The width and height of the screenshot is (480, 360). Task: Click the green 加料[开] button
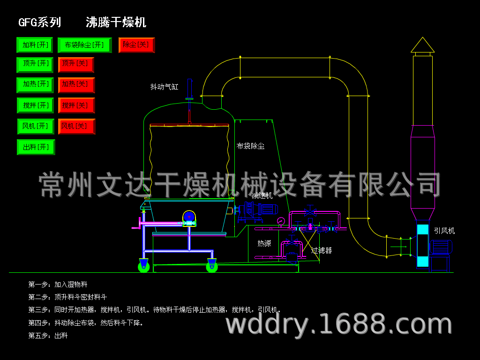click(35, 45)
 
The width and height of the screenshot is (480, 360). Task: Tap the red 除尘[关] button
click(136, 45)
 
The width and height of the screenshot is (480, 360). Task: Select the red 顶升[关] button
click(76, 65)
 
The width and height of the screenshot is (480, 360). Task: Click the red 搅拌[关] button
click(76, 105)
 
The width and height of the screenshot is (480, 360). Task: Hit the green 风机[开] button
click(36, 127)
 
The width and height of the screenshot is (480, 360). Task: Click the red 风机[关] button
click(76, 127)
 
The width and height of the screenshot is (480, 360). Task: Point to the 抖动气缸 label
click(164, 87)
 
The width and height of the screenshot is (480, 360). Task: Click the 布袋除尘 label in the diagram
click(250, 146)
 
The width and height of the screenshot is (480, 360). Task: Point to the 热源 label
click(264, 243)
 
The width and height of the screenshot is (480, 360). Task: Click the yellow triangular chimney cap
click(422, 45)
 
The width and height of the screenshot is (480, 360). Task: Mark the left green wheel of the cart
click(143, 267)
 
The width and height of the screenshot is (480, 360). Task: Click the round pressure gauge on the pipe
click(281, 221)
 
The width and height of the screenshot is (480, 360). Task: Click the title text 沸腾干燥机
click(116, 22)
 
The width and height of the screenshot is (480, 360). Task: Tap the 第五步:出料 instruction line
click(48, 336)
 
